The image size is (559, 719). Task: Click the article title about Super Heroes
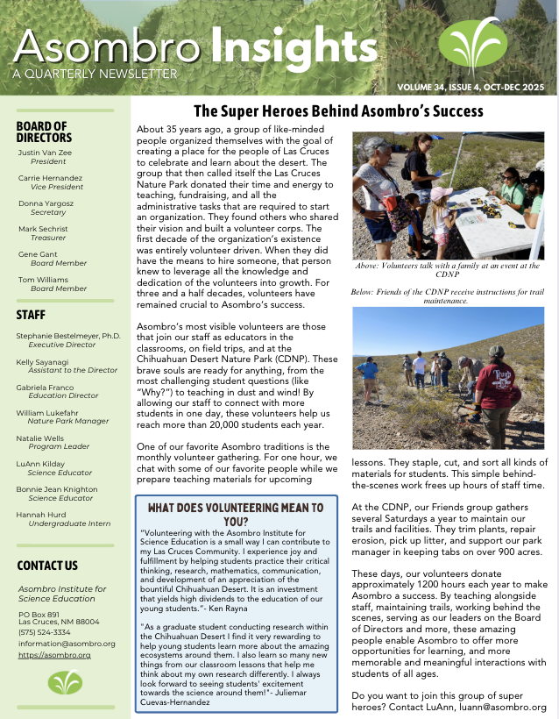click(x=338, y=111)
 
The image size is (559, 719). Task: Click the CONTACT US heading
click(x=47, y=566)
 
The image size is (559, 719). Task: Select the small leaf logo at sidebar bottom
click(x=63, y=682)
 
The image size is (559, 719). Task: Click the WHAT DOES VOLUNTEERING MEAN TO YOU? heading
click(x=236, y=514)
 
